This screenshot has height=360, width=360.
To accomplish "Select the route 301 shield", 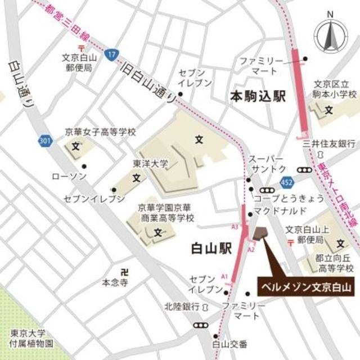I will pyautogui.click(x=45, y=141).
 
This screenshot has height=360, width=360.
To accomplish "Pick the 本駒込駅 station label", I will pyautogui.click(x=258, y=97).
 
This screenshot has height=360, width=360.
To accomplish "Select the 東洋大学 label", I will pyautogui.click(x=150, y=164).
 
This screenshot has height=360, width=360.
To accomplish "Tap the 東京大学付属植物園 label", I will pyautogui.click(x=26, y=338).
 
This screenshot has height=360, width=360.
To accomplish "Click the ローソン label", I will pyautogui.click(x=69, y=176).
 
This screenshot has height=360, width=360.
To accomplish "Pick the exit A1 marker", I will pyautogui.click(x=224, y=277).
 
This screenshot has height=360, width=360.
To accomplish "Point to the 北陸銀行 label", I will pyautogui.click(x=182, y=306).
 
